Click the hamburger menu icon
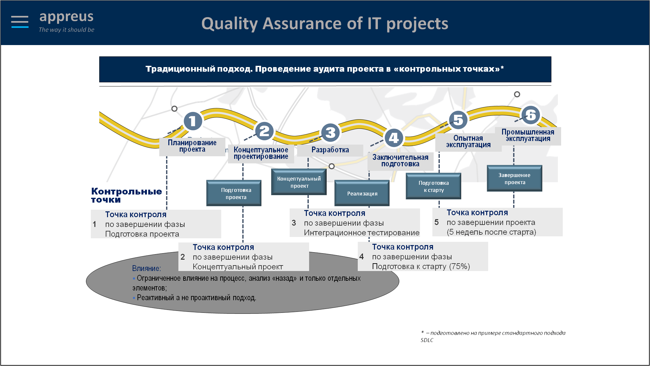pos(20,22)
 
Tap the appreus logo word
pos(66,17)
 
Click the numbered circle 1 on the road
pos(193,121)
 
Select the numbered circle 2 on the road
pos(264,131)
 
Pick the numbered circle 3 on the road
pos(330,133)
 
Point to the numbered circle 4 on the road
pos(394,138)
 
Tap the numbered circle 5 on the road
pos(458,120)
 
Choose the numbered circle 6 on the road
pos(530,115)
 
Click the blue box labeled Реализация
pos(362,193)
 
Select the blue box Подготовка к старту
pos(433,186)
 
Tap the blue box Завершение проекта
pos(514,178)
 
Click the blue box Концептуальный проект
pos(299,182)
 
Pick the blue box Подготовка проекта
pos(234,193)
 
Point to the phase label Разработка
pos(330,150)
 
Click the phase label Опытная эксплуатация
pos(468,142)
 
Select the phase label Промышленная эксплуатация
pos(528,135)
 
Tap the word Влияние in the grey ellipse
pos(146,268)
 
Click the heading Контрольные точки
pos(126,195)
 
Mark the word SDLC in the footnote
pos(427,340)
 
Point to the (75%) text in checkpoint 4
pos(460,266)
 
